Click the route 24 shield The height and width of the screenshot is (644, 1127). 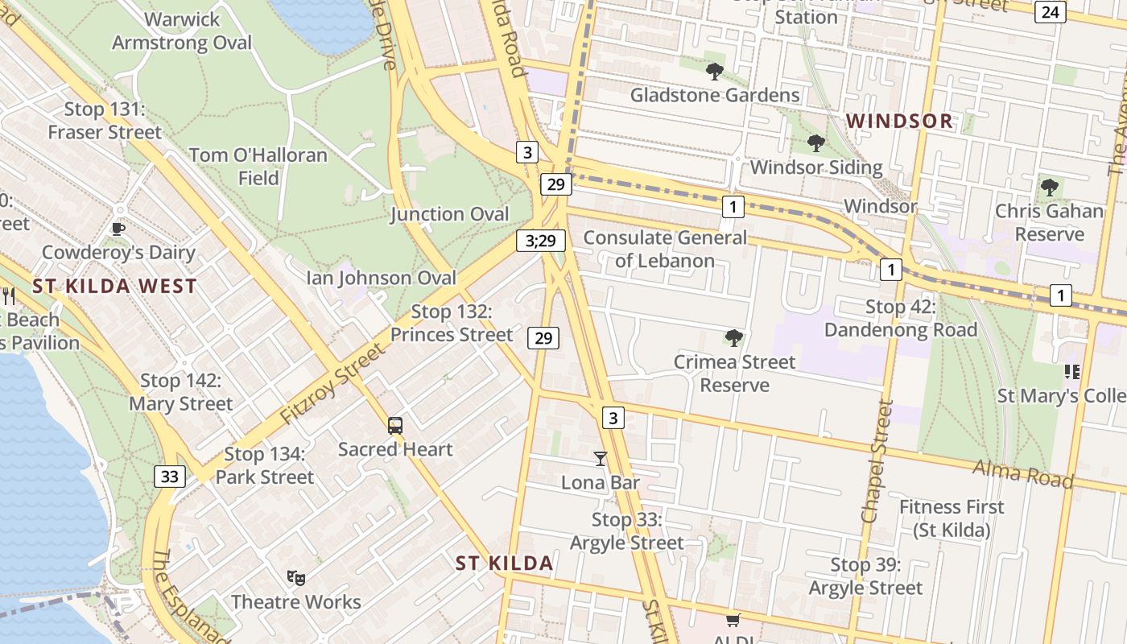pyautogui.click(x=1050, y=11)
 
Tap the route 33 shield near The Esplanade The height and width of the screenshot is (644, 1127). pyautogui.click(x=169, y=477)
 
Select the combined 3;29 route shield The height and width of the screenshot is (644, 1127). pyautogui.click(x=541, y=240)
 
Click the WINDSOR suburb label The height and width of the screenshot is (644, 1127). pyautogui.click(x=900, y=122)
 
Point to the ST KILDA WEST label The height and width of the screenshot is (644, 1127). pyautogui.click(x=114, y=286)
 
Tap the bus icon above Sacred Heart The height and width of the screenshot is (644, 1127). pyautogui.click(x=394, y=426)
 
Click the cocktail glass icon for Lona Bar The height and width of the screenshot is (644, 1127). pyautogui.click(x=600, y=459)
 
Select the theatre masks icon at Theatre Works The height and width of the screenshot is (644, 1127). pyautogui.click(x=296, y=577)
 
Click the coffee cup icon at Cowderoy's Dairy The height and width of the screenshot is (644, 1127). pyautogui.click(x=118, y=229)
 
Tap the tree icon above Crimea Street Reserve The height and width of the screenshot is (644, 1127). pyautogui.click(x=733, y=337)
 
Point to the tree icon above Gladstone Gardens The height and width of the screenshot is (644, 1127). pyautogui.click(x=714, y=72)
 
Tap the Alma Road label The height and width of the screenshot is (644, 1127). pyautogui.click(x=1022, y=473)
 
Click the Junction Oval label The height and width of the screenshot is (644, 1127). pyautogui.click(x=450, y=214)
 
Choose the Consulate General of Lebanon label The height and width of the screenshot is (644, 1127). pyautogui.click(x=665, y=249)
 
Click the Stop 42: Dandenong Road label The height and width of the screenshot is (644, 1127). pyautogui.click(x=901, y=318)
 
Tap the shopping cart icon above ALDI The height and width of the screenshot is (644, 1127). pyautogui.click(x=733, y=620)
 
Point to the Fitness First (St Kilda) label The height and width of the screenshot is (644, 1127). pyautogui.click(x=952, y=518)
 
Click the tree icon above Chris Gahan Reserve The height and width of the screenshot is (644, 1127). pyautogui.click(x=1049, y=188)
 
